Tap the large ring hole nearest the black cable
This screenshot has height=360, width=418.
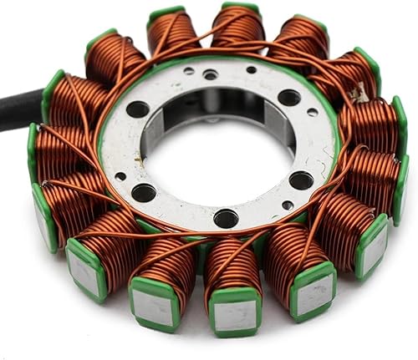138,109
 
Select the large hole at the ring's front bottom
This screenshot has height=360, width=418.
226,218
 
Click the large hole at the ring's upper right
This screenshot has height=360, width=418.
289,98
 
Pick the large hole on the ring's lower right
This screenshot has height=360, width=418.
302,180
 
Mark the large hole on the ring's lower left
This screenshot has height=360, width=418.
144,192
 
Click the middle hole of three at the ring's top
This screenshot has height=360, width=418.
211,74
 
